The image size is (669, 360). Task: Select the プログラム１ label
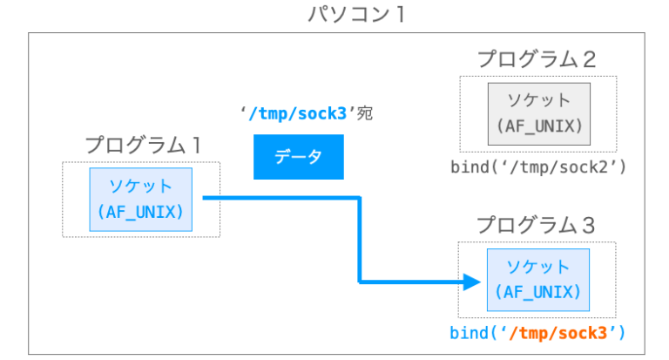tap(140, 145)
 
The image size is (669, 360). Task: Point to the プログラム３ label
tap(537, 225)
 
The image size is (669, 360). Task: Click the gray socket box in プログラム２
tap(538, 112)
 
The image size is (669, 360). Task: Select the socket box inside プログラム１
tap(140, 199)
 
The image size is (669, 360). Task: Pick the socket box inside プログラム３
tap(538, 280)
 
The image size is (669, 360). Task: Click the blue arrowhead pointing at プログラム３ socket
tap(471, 282)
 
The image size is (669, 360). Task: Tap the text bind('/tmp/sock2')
tap(538, 166)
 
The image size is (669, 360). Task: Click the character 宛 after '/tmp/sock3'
tap(364, 114)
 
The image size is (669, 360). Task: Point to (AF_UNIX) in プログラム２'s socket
tap(538, 126)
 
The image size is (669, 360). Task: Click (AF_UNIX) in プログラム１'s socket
tap(140, 211)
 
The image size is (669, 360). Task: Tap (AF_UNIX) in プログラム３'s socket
tap(538, 293)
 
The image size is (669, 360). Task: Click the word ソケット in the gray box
tap(538, 100)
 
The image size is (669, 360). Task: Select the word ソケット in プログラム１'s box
tap(140, 187)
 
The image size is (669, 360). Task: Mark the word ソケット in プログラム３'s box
tap(538, 268)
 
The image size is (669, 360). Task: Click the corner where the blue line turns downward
tap(358, 199)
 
